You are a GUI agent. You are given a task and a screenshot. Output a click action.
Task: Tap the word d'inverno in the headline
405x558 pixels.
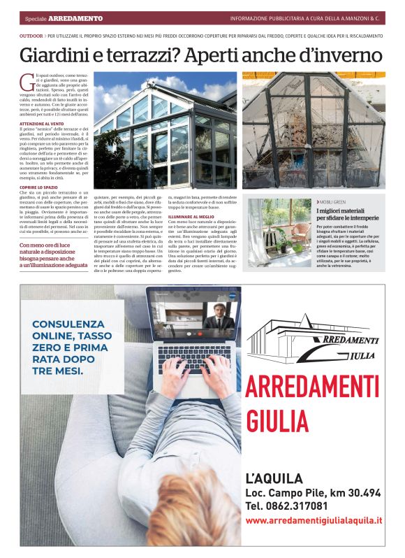342,55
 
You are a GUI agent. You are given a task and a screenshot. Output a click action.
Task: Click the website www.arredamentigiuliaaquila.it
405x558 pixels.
314,520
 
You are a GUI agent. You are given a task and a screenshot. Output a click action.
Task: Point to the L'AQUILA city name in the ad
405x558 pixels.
274,479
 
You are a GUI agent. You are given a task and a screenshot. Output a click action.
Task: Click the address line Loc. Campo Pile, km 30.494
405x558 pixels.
313,493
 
